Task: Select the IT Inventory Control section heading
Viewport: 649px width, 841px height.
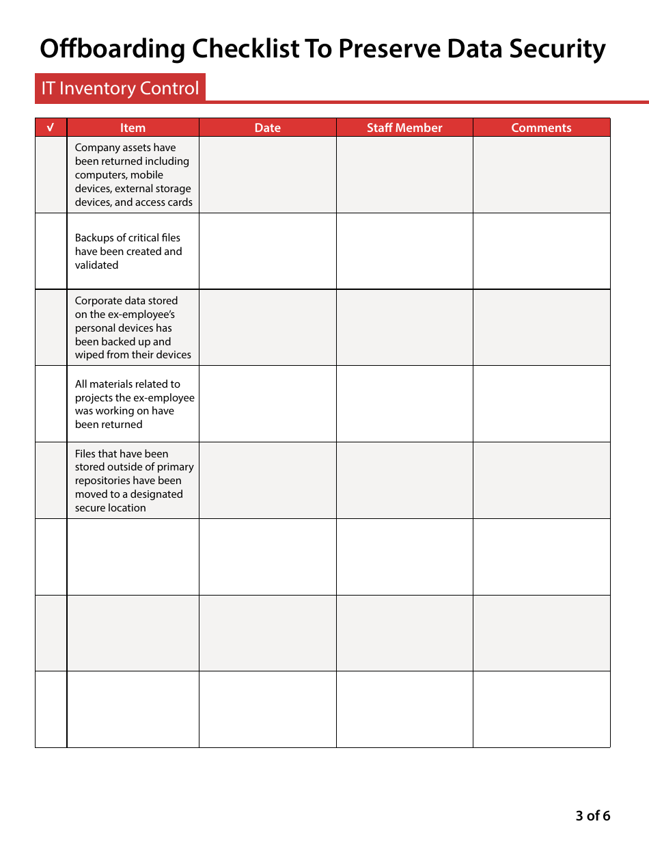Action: (120, 88)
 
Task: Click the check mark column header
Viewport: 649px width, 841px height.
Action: (51, 128)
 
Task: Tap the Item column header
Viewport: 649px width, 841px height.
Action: (133, 128)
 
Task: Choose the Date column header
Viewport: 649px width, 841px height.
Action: (267, 128)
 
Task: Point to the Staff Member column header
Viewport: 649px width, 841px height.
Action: (404, 128)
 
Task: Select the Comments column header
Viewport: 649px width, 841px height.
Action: (541, 128)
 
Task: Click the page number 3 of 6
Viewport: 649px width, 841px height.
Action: (592, 816)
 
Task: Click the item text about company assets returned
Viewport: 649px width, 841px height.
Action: (133, 175)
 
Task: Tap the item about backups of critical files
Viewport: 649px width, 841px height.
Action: (128, 252)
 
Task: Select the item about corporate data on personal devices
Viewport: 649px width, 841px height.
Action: (133, 328)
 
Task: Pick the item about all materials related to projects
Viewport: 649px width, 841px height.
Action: (134, 404)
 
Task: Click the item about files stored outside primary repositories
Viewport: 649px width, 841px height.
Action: (134, 481)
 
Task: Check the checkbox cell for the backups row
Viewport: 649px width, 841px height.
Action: (51, 251)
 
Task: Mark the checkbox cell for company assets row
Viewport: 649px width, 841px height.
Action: (51, 175)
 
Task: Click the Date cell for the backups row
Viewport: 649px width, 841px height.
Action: (267, 251)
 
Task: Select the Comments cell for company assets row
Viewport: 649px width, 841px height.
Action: (541, 175)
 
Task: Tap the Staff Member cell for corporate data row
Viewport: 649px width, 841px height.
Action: (404, 328)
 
